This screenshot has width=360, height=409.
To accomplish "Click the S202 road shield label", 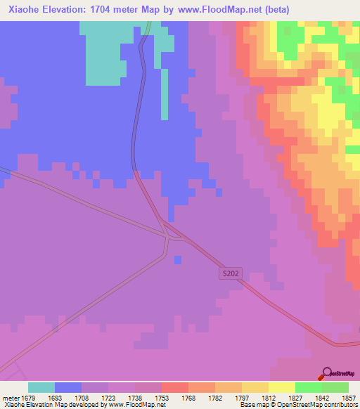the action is click(x=230, y=273).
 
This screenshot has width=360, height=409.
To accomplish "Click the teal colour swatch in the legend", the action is click(x=41, y=387).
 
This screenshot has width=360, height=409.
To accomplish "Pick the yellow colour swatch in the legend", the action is click(x=281, y=387).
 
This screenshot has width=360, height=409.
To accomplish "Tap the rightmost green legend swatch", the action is click(x=335, y=387).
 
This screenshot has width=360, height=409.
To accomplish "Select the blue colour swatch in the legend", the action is click(x=68, y=387).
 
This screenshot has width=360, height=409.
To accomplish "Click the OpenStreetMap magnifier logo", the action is click(x=327, y=373).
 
